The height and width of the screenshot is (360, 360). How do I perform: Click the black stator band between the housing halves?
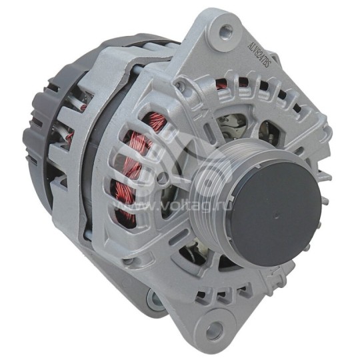click(x=100, y=153)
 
